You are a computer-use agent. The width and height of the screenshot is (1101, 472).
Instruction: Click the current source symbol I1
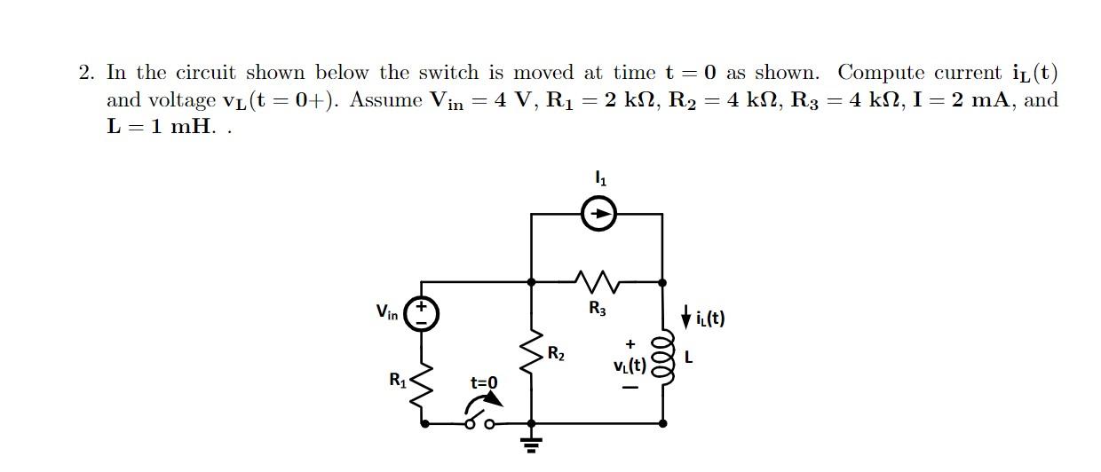point(599,214)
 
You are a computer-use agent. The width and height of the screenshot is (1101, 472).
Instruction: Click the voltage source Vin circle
point(421,313)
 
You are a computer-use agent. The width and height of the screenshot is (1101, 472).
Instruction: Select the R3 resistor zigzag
point(598,282)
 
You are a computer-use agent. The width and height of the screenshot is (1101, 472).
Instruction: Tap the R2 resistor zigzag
point(531,354)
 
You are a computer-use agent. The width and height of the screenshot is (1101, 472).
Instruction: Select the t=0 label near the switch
point(484,383)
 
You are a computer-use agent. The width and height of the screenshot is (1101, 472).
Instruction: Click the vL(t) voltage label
point(630,366)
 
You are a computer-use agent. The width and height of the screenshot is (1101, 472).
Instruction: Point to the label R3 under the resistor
point(598,309)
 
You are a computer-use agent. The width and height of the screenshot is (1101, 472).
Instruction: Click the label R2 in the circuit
point(556,354)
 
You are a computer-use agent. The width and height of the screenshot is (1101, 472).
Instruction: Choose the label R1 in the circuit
point(397,380)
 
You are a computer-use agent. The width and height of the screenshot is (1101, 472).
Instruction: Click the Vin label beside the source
point(386,312)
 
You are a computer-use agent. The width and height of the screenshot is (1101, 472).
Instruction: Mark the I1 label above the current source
point(600,179)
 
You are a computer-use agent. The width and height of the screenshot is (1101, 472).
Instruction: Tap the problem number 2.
point(85,73)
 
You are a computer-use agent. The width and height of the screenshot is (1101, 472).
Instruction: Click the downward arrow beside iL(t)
point(685,315)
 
